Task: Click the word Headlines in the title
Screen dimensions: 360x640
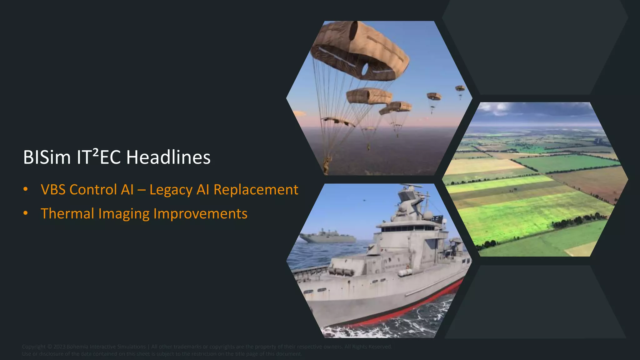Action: point(168,157)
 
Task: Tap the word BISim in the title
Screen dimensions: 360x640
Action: point(47,157)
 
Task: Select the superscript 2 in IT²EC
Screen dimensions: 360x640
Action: point(96,152)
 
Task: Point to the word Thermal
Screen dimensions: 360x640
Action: point(67,214)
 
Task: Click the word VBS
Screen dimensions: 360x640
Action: point(53,190)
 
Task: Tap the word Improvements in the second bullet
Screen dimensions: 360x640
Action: point(200,214)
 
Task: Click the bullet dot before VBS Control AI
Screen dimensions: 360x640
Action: point(26,189)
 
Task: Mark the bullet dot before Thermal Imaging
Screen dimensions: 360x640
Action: point(26,213)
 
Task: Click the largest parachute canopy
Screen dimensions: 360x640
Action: point(359,50)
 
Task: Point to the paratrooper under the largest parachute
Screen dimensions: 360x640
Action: point(327,164)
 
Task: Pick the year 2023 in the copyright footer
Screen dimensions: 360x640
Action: point(59,347)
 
